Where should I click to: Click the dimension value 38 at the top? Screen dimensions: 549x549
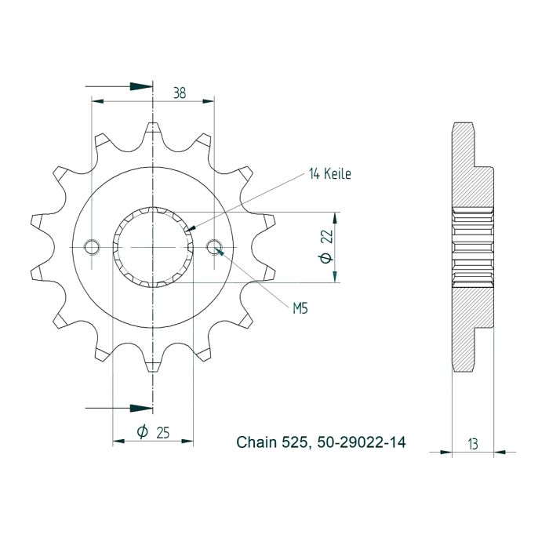tap(180, 93)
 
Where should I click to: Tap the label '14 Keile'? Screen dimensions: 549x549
tap(329, 174)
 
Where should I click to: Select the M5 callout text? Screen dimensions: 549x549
tap(300, 309)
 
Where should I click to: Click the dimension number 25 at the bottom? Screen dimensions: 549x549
tap(164, 432)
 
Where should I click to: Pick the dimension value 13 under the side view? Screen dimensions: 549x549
tap(473, 445)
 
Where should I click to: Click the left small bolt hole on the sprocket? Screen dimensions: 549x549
tap(93, 247)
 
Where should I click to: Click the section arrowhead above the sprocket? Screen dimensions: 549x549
tap(140, 85)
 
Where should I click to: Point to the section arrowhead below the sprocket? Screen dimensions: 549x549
tap(140, 408)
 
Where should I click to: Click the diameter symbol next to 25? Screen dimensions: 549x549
tap(142, 432)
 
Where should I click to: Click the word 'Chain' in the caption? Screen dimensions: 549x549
tap(256, 443)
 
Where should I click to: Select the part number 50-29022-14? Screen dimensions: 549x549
tap(362, 443)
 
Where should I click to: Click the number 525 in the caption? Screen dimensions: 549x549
tap(296, 443)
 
